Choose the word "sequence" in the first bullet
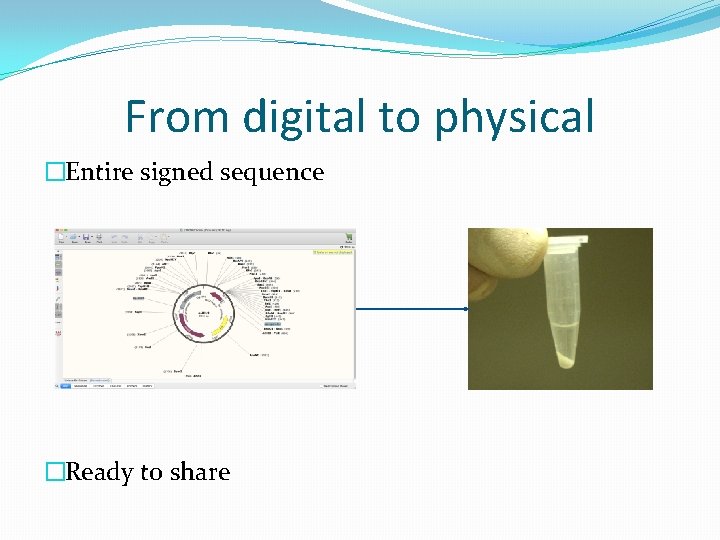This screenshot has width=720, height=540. click(x=271, y=173)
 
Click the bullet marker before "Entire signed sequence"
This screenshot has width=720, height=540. click(x=54, y=173)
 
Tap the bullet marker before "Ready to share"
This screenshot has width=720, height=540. click(x=54, y=472)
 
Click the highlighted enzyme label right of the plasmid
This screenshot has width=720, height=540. click(x=272, y=323)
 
